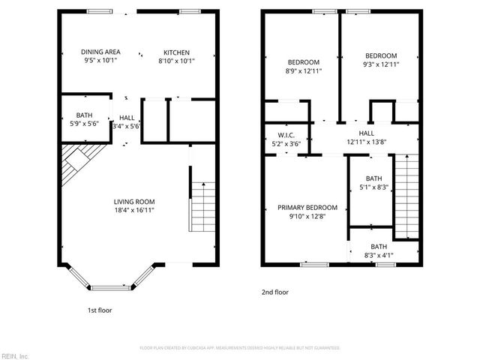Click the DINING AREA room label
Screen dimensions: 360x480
[x=100, y=52]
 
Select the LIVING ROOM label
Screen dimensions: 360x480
[x=134, y=202]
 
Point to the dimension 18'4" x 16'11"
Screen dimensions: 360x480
[x=134, y=211]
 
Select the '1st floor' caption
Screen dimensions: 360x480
[x=99, y=310]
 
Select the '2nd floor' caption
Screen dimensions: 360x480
[x=275, y=292]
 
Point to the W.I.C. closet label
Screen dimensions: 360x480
[x=284, y=135]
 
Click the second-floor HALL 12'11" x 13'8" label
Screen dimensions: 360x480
[x=366, y=137]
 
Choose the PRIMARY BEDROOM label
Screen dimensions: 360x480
[x=308, y=208]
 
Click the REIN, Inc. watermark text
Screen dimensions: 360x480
[x=14, y=355]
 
